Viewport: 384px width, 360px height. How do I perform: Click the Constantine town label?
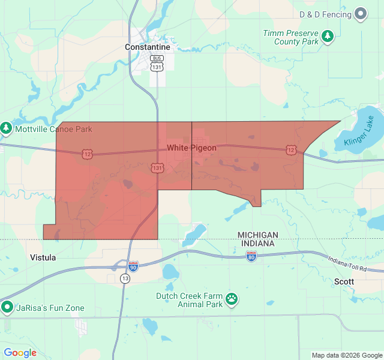click(x=147, y=47)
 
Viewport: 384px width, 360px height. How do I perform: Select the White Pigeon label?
click(x=191, y=148)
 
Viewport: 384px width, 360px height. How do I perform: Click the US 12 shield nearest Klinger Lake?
click(x=291, y=149)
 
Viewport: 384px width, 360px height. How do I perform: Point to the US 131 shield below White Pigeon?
click(x=157, y=168)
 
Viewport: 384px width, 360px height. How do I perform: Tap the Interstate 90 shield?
click(x=133, y=265)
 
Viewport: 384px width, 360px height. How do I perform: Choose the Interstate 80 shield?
click(x=251, y=256)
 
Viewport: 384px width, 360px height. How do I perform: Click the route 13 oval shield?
click(x=125, y=278)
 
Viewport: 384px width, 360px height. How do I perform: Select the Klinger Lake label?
click(x=359, y=133)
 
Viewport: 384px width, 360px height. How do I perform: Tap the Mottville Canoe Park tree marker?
click(x=6, y=128)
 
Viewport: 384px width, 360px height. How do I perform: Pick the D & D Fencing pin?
click(x=361, y=13)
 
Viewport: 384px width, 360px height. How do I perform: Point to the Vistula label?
click(x=43, y=257)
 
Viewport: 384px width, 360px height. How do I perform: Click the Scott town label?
click(x=344, y=281)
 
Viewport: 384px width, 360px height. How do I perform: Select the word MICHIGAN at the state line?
click(x=257, y=235)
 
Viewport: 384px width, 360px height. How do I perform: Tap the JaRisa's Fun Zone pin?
click(x=7, y=308)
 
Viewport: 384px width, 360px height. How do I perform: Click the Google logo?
click(x=20, y=353)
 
